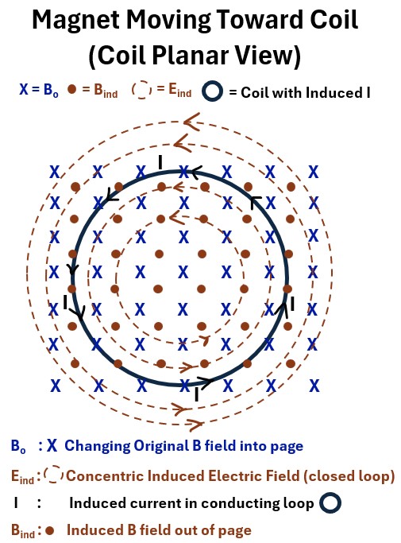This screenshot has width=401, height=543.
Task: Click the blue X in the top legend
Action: (x=24, y=89)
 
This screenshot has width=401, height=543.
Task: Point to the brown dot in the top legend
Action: (x=71, y=89)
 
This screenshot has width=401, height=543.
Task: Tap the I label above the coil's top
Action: (x=160, y=162)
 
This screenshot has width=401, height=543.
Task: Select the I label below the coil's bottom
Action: (x=196, y=394)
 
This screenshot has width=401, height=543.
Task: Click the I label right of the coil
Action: (x=293, y=304)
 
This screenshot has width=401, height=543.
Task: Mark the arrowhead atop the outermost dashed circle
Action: (x=191, y=122)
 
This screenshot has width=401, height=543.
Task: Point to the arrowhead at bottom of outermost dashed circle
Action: (x=195, y=424)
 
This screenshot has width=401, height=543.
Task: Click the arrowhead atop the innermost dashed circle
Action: (x=177, y=218)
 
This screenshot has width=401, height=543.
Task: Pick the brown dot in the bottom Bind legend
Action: (x=50, y=530)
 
